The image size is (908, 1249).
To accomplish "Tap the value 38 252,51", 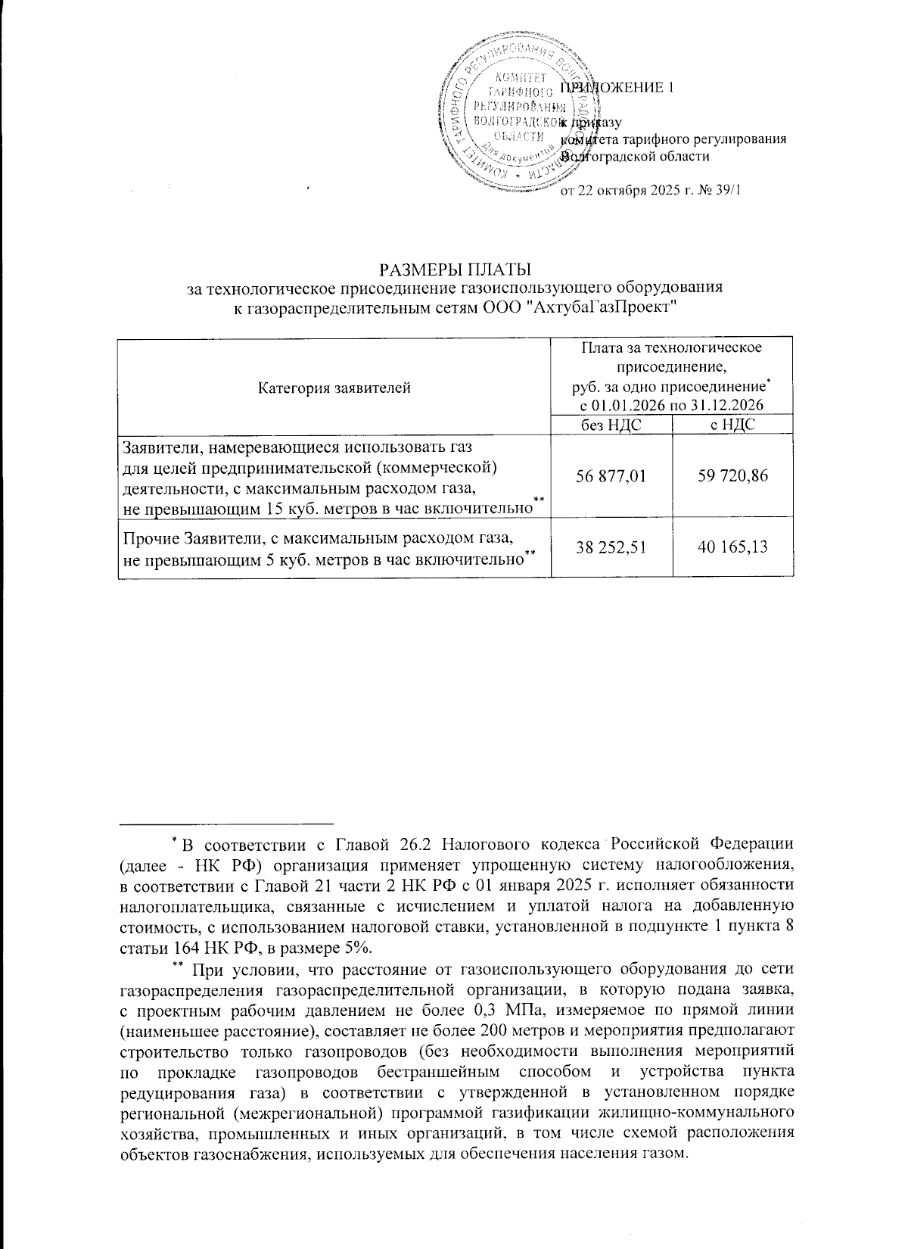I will [611, 547].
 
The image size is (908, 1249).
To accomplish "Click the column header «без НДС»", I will [611, 425].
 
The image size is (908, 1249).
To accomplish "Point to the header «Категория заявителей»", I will [334, 388].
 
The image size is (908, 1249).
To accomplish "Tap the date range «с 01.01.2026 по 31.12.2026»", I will [671, 405].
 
